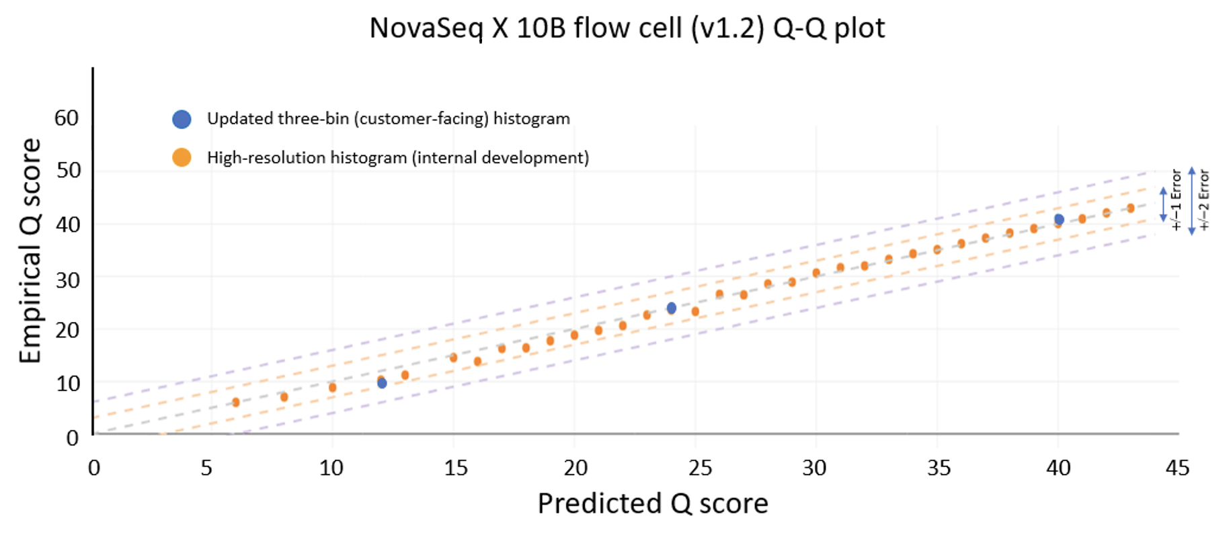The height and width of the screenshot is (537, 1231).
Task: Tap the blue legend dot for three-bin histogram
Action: coord(182,119)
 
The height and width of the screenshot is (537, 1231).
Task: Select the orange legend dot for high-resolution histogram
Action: coord(182,157)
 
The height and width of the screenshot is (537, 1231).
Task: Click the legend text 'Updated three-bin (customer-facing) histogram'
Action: coord(388,119)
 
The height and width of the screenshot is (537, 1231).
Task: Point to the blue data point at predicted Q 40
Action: coord(1058,219)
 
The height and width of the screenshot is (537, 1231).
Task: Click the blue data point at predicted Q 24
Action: coord(671,307)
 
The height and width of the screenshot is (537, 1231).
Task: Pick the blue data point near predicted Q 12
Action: coord(382,383)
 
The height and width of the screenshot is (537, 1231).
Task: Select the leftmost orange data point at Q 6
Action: coord(236,402)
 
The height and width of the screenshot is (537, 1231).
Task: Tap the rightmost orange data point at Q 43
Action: coord(1130,208)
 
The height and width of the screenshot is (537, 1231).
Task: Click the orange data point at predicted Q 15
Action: coord(453,358)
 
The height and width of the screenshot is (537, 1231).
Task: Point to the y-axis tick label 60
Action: coord(67,118)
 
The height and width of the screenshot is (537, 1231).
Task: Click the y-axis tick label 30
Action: coord(67,280)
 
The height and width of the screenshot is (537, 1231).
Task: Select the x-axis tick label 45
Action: coord(1177,468)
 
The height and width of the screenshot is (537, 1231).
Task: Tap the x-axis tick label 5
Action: coord(206,468)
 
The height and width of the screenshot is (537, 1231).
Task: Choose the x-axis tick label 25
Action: coord(700,468)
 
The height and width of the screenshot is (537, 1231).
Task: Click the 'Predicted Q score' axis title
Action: coord(652,503)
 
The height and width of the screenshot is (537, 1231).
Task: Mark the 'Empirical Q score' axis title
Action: coord(30,251)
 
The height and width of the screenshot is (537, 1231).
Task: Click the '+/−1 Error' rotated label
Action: coord(1175,200)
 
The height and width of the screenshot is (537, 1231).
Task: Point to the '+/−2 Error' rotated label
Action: coord(1203,200)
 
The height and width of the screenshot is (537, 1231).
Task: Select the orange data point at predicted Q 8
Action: coord(284,397)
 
